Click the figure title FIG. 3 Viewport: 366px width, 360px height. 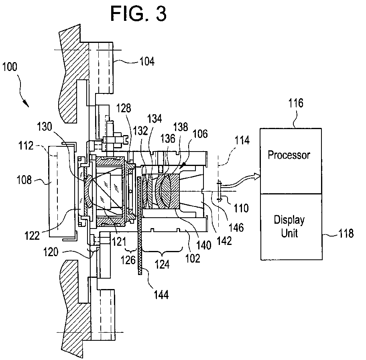pos(138,14)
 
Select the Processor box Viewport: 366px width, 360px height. pos(291,161)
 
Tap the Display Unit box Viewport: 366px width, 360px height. pos(291,227)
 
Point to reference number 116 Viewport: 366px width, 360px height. pos(296,103)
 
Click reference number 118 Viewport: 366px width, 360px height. pos(346,233)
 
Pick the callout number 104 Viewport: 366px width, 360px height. pos(147,62)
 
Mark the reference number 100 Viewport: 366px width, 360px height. pos(10,67)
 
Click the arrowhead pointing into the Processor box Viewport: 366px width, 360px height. pos(257,176)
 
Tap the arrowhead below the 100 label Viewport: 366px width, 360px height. pos(26,103)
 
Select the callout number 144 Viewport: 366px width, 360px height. pos(161,295)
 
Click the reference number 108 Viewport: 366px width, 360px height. pos(24,180)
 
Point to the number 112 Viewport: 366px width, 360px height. pos(26,146)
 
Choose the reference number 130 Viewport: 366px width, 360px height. pos(45,127)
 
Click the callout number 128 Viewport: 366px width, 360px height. pos(124,108)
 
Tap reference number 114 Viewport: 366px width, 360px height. pos(242,140)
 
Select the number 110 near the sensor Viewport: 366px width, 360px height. pos(241,208)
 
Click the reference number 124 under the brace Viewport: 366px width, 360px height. pos(162,265)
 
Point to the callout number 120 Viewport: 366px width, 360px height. pos(51,252)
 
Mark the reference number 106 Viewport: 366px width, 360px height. pos(200,134)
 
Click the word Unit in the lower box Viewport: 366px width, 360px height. pos(289,233)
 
